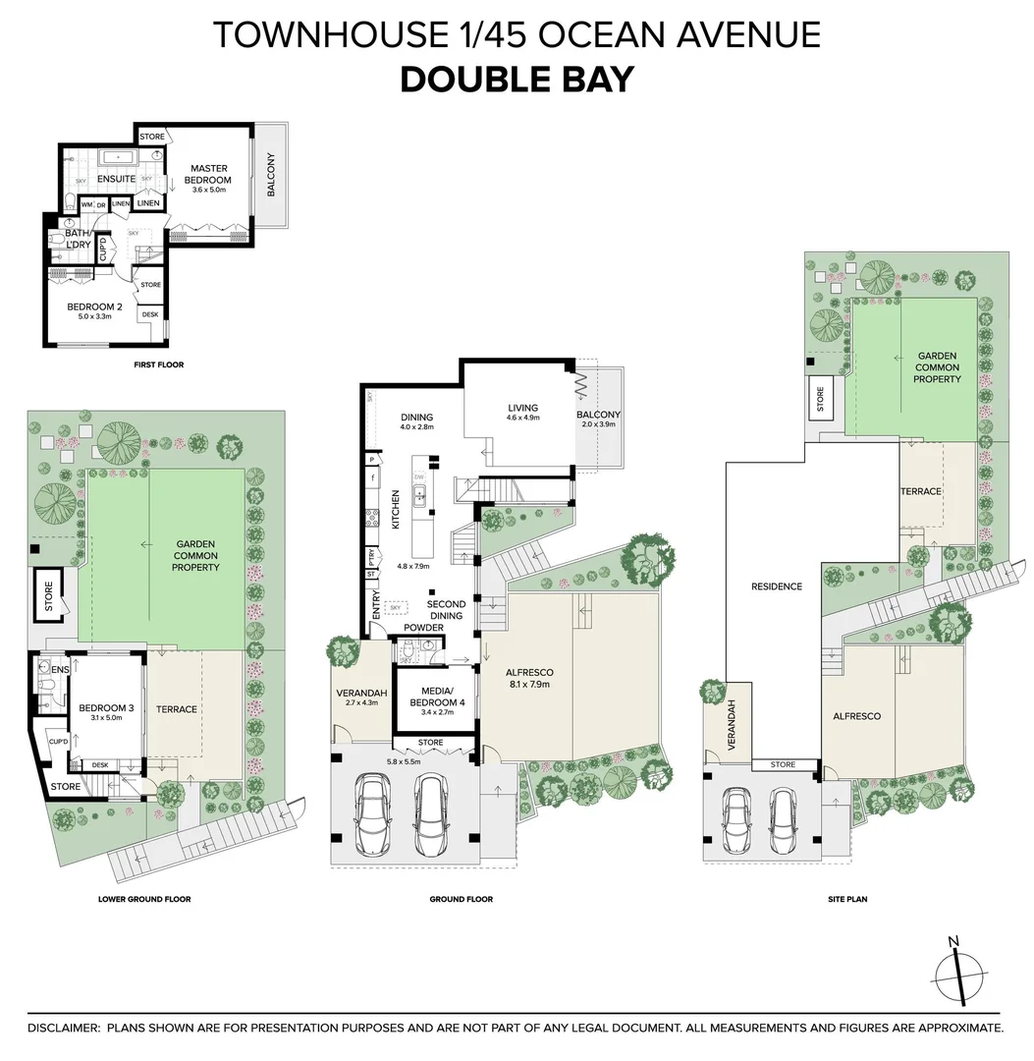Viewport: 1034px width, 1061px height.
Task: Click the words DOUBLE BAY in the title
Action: coord(517,80)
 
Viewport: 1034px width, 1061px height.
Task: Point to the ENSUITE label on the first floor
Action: coord(116,179)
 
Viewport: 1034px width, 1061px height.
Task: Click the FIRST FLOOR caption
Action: coord(159,364)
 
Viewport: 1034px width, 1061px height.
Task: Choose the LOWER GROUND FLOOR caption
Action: coord(144,899)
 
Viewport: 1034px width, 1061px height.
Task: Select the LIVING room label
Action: coord(524,413)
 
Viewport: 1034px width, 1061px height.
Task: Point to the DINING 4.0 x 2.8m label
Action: coord(416,422)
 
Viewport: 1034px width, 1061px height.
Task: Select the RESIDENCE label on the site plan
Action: coord(777,586)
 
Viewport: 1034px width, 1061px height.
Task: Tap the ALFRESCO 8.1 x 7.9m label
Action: coord(529,678)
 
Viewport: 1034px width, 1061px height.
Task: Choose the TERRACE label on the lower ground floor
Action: coord(177,709)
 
